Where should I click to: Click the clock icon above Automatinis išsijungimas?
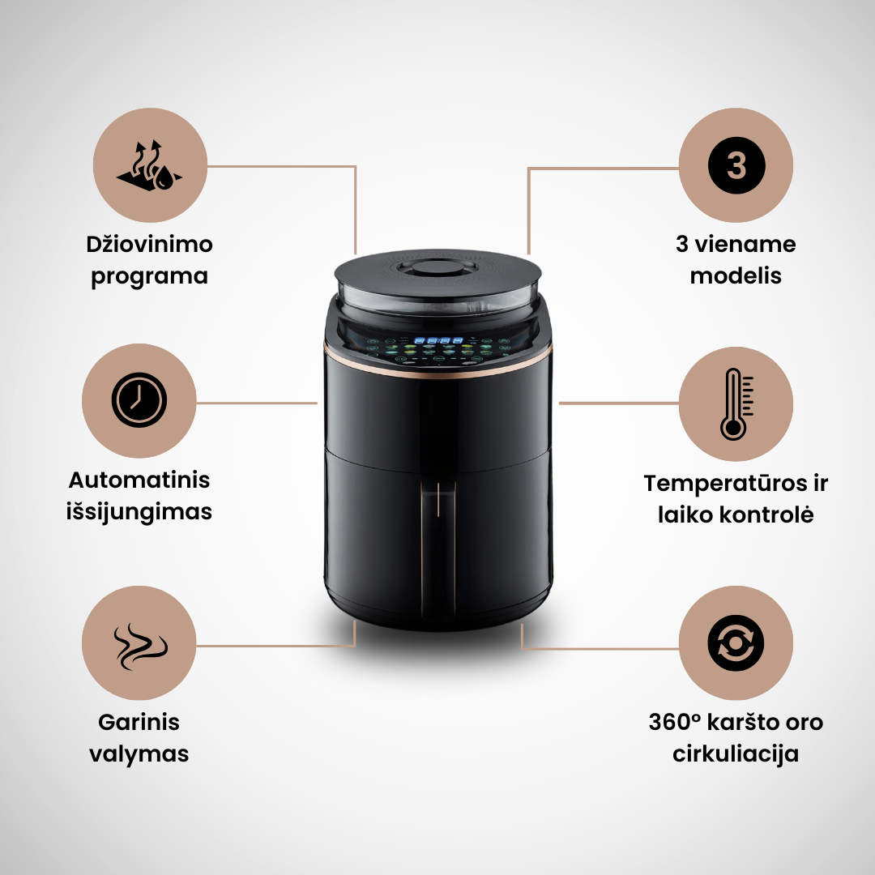pyautogui.click(x=139, y=399)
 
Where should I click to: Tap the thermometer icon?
pyautogui.click(x=736, y=403)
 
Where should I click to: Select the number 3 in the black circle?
pyautogui.click(x=736, y=165)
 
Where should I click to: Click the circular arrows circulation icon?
pyautogui.click(x=736, y=642)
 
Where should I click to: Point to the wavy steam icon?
pyautogui.click(x=141, y=646)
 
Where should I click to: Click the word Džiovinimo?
pyautogui.click(x=150, y=245)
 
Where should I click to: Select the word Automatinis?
pyautogui.click(x=139, y=480)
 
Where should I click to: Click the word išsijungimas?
pyautogui.click(x=139, y=512)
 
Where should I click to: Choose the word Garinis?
pyautogui.click(x=139, y=722)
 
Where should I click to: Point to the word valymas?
pyautogui.click(x=139, y=754)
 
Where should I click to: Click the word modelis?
pyautogui.click(x=736, y=275)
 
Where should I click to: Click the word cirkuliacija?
pyautogui.click(x=736, y=754)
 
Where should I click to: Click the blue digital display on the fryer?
pyautogui.click(x=438, y=340)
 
